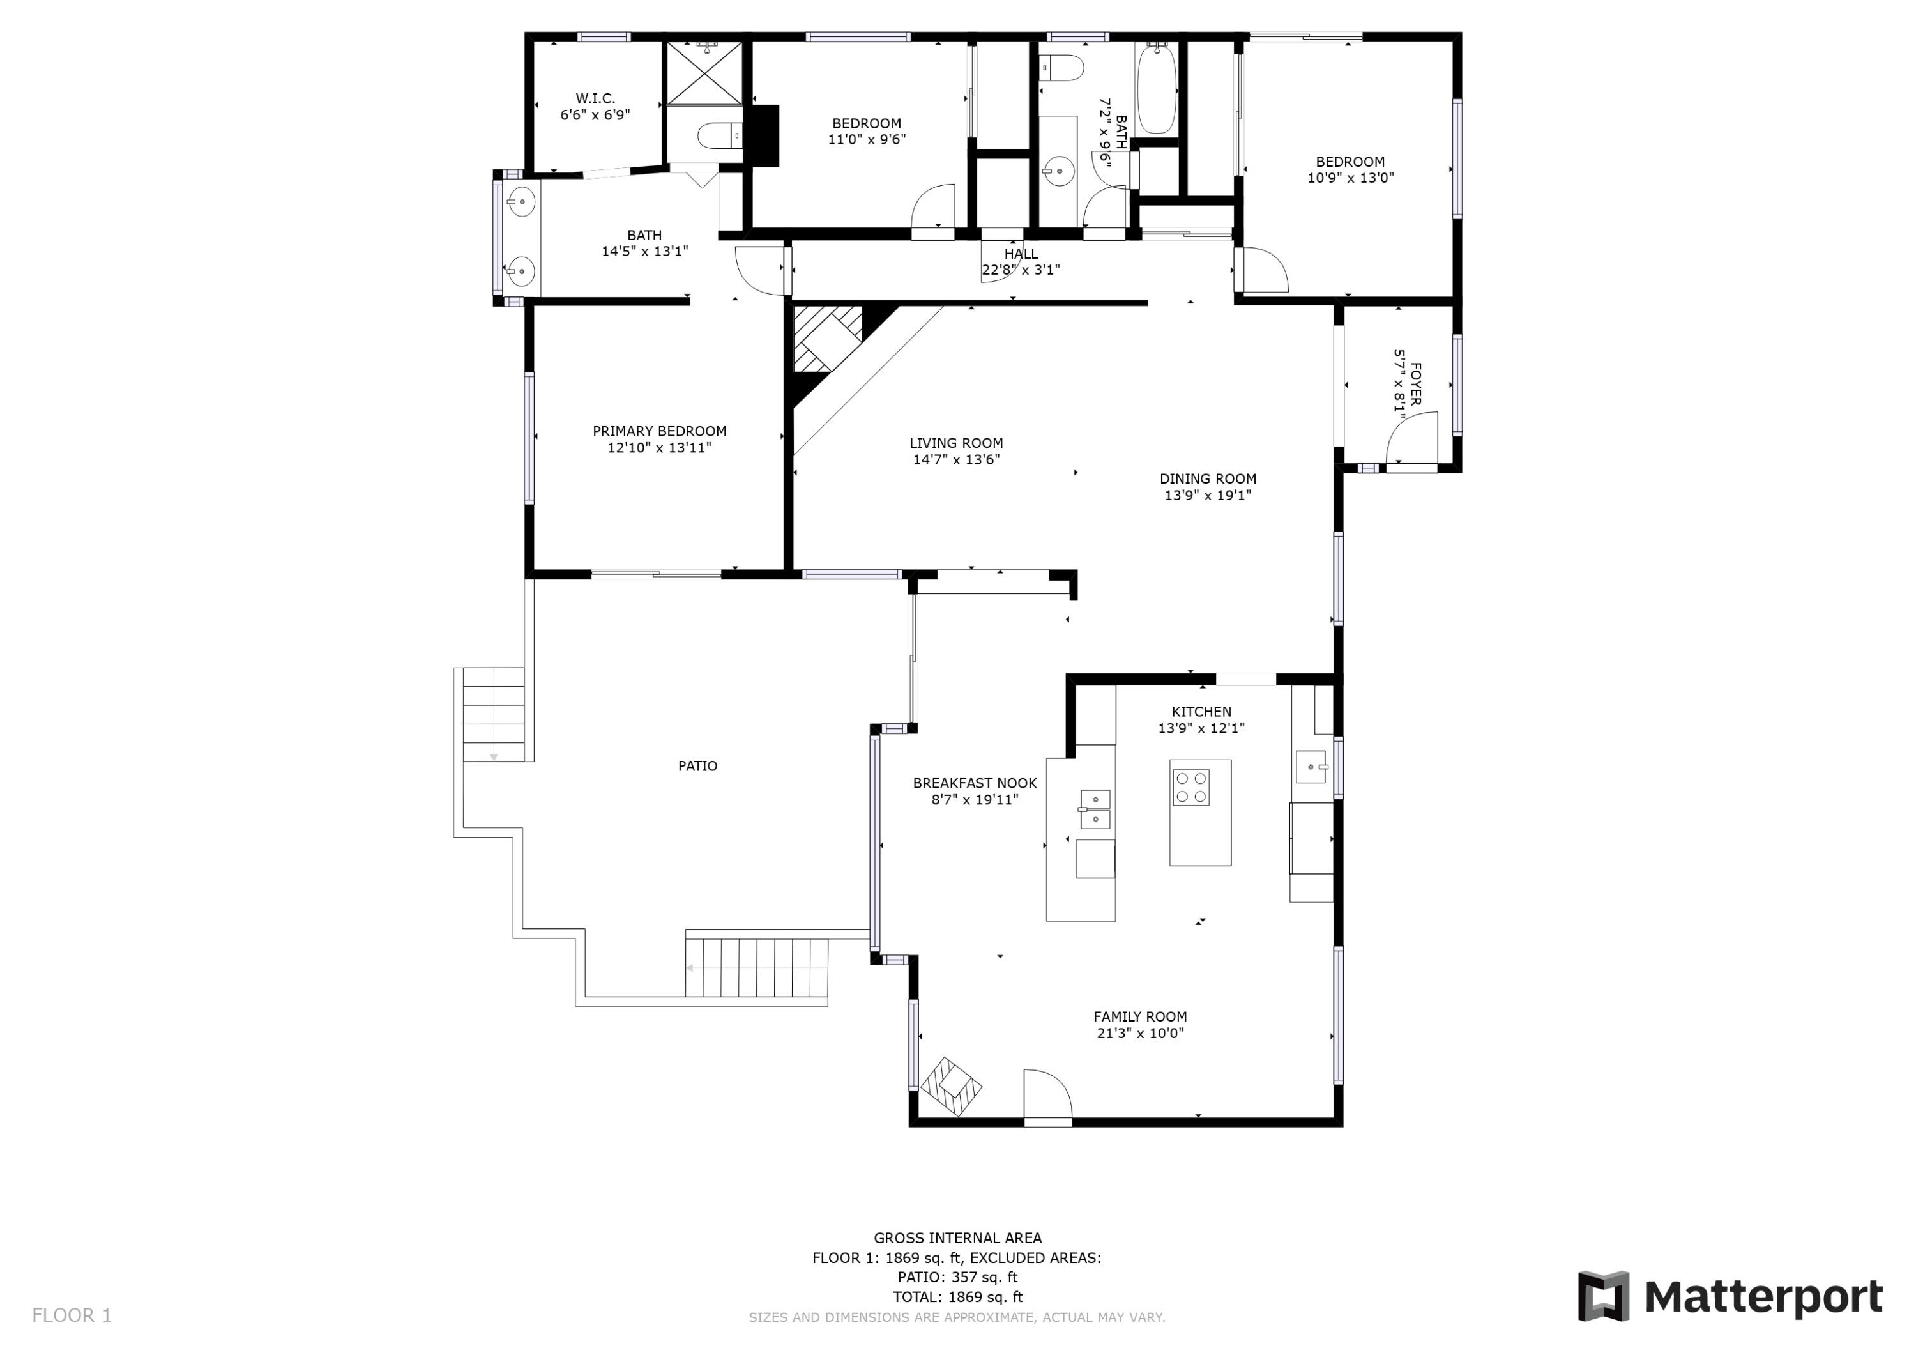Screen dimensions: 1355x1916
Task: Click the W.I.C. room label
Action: [595, 98]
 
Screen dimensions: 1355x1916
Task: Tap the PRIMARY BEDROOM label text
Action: [659, 431]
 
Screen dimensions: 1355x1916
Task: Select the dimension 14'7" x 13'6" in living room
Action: [956, 459]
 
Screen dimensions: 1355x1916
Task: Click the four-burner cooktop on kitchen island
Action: [1191, 787]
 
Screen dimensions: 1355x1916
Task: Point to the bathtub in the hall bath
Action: [1157, 90]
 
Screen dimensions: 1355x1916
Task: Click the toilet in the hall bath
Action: [1061, 68]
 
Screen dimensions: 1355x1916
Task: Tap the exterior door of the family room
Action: [1047, 1096]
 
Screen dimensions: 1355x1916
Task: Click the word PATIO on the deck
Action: [697, 765]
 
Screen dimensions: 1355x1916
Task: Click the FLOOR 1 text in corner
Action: [72, 1316]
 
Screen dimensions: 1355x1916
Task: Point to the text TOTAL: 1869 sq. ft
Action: [957, 1297]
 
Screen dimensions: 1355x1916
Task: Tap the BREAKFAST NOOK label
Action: [975, 783]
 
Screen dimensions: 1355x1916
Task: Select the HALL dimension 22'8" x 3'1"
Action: [1021, 270]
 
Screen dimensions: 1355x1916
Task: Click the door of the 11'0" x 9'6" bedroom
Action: [934, 209]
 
